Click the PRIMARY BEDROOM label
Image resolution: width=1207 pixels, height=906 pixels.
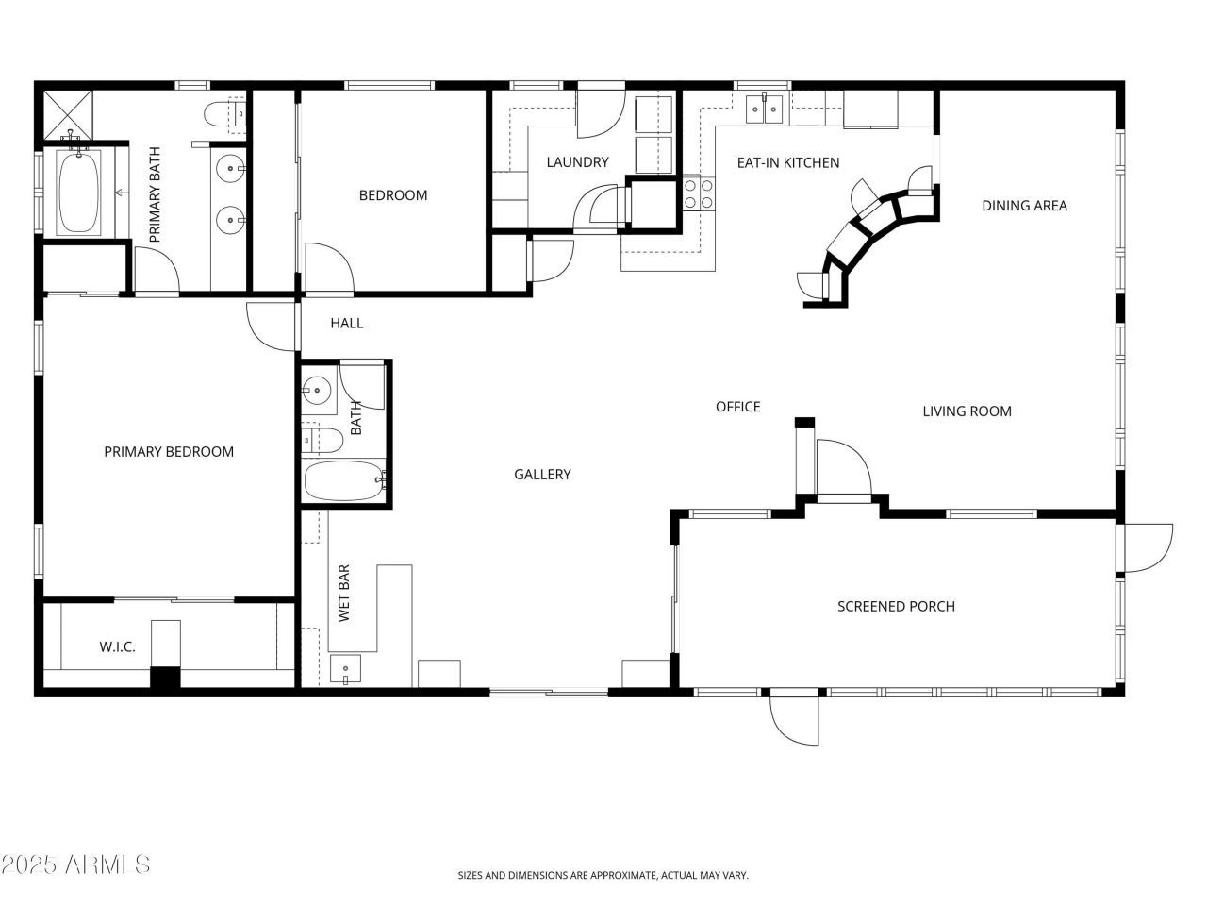coord(169,452)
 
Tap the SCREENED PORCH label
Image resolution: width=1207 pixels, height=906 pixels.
coord(896,606)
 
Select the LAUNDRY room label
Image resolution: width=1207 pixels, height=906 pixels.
coord(577,162)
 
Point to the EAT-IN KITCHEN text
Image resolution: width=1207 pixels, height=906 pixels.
coord(787,162)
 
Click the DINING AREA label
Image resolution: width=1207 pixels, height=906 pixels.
coord(1024,205)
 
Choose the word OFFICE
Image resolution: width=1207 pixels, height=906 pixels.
coord(737,407)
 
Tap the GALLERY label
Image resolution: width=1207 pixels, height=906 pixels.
coord(542,475)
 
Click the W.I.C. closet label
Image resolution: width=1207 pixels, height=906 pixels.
coord(118,646)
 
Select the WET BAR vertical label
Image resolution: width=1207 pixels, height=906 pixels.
coord(344,594)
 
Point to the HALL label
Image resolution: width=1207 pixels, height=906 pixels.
coord(346,323)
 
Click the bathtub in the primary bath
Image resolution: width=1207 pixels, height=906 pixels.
coord(80,193)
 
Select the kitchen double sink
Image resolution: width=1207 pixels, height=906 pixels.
coord(764,109)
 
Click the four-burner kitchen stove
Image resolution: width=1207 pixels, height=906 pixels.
coord(699,193)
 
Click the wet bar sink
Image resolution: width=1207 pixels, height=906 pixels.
coord(346,672)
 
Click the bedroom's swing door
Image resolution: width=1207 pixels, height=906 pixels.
coord(327,267)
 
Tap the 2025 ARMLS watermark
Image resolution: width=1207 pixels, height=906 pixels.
coord(75,864)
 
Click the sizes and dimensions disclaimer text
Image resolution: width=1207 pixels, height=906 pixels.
coord(603,876)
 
